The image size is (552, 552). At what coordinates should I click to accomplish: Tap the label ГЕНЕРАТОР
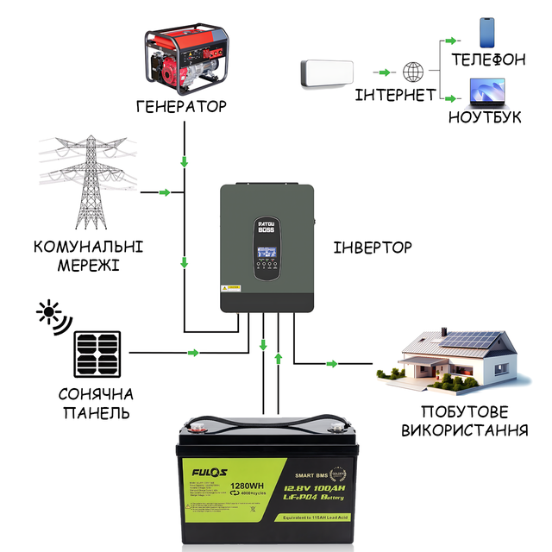[x=181, y=107]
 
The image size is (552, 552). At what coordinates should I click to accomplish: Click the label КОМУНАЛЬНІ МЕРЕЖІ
[x=89, y=255]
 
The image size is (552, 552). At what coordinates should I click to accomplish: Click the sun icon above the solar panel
[x=50, y=316]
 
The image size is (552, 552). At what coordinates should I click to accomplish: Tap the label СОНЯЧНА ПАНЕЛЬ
[x=97, y=404]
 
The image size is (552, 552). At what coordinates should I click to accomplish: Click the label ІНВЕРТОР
[x=372, y=248]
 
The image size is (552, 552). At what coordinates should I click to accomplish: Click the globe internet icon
[x=414, y=72]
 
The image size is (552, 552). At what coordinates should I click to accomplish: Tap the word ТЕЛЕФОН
[x=489, y=60]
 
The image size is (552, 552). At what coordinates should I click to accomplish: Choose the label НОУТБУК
[x=486, y=116]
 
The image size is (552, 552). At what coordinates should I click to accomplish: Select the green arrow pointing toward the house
[x=332, y=365]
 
